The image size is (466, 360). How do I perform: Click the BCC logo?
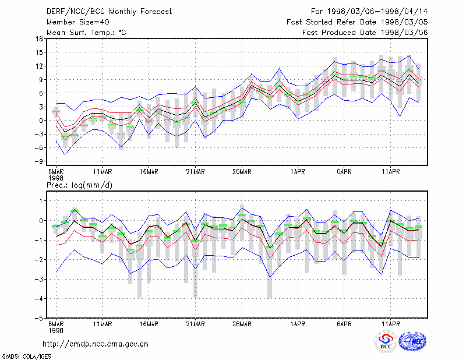pyautogui.click(x=386, y=341)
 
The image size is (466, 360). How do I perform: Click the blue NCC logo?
pyautogui.click(x=413, y=341)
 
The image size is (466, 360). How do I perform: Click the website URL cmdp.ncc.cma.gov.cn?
pyautogui.click(x=96, y=344)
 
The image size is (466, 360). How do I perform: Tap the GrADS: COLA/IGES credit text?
pyautogui.click(x=26, y=357)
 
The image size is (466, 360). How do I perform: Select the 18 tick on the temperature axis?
pyautogui.click(x=39, y=38)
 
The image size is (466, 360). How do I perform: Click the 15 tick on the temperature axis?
pyautogui.click(x=39, y=52)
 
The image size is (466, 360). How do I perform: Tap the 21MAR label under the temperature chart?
pyautogui.click(x=195, y=172)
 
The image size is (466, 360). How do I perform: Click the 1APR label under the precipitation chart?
pyautogui.click(x=298, y=324)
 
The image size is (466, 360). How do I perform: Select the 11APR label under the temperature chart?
pyautogui.click(x=391, y=172)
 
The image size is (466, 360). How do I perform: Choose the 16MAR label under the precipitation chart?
pyautogui.click(x=149, y=324)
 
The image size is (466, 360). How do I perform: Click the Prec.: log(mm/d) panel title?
pyautogui.click(x=80, y=185)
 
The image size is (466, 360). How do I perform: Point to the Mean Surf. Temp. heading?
pyautogui.click(x=86, y=33)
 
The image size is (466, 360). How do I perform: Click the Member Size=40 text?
pyautogui.click(x=78, y=22)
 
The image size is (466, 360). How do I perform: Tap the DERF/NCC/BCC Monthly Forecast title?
pyautogui.click(x=109, y=12)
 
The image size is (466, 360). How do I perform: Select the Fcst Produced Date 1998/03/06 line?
pyautogui.click(x=365, y=33)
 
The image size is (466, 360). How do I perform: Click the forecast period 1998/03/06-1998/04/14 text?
pyautogui.click(x=377, y=12)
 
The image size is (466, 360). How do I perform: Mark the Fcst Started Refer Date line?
pyautogui.click(x=357, y=22)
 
